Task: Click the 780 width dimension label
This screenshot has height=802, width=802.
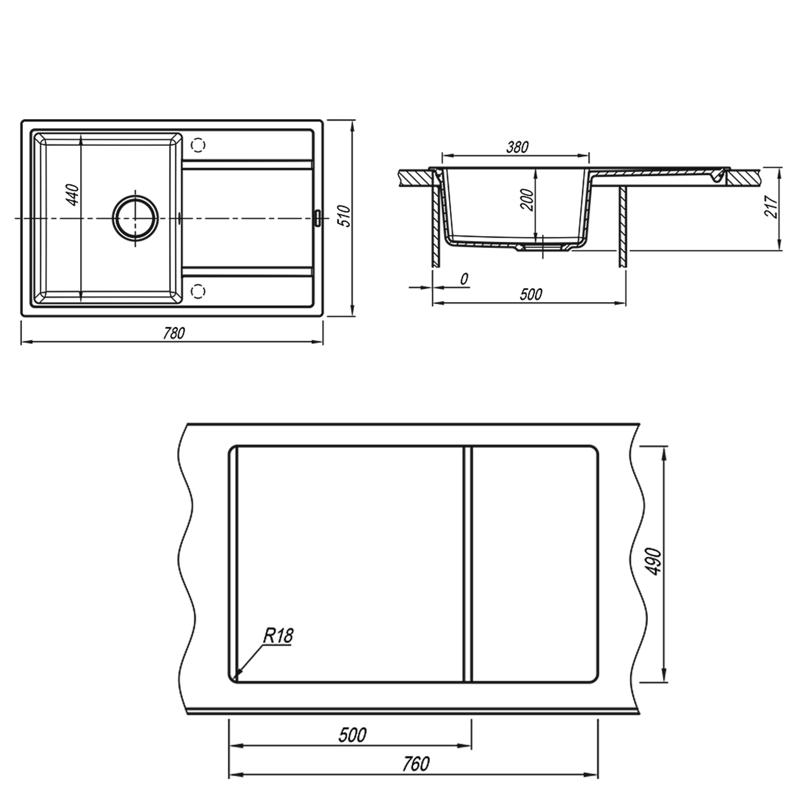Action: click(x=173, y=333)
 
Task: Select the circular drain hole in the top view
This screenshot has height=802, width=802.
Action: click(x=135, y=219)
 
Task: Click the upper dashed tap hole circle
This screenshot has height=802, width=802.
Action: click(x=198, y=145)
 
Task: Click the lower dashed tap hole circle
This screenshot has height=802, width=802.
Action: click(x=198, y=291)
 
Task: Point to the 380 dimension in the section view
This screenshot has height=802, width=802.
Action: click(x=517, y=147)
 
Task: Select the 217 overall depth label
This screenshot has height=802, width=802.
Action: click(x=770, y=205)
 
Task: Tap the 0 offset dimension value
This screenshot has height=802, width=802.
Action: click(x=464, y=279)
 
